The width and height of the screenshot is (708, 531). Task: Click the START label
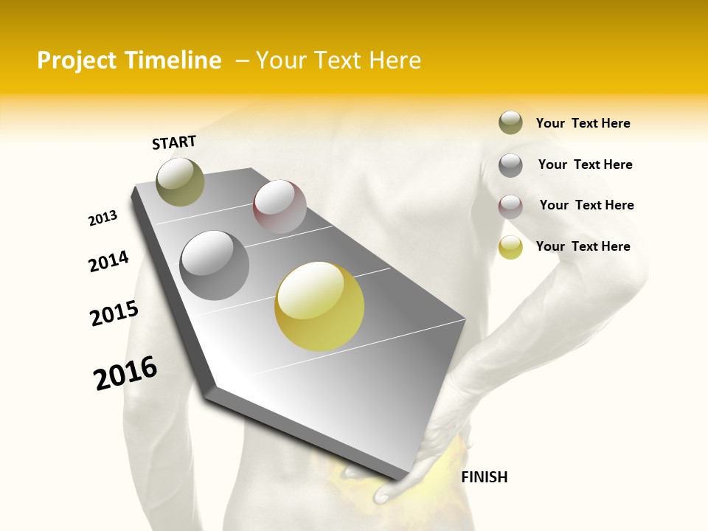coord(174,142)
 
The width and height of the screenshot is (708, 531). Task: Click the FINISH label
coord(484,477)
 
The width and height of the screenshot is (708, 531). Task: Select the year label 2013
coord(103,218)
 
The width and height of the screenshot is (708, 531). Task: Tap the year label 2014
coord(108,262)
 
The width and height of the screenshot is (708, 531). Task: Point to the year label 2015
coord(114,313)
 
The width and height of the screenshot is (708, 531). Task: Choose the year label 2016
coord(125,373)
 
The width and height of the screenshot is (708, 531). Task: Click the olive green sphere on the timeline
coord(180,181)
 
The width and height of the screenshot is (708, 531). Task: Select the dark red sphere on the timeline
coord(280,206)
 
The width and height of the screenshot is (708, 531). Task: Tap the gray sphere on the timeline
coord(215,265)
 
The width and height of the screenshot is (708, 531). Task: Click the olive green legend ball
coord(510,122)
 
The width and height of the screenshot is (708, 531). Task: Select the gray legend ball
coord(510,165)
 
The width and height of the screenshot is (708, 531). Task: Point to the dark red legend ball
coord(510,206)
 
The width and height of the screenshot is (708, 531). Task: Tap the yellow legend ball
coord(510,247)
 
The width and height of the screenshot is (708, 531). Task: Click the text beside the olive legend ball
coord(583,123)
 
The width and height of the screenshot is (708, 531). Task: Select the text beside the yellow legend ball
coord(583,246)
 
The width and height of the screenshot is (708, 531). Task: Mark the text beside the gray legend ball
coord(585,164)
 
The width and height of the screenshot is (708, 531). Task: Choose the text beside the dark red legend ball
coord(586,205)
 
